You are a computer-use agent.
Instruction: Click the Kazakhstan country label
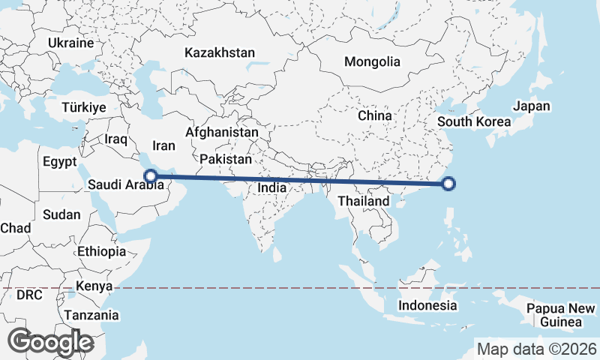click(220, 53)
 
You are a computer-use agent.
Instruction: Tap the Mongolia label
click(372, 62)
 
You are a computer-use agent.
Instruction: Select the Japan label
click(532, 106)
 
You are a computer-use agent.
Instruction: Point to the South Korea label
click(474, 121)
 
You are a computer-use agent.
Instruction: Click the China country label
click(374, 116)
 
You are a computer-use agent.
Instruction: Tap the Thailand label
click(363, 201)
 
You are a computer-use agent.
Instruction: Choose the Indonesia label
click(427, 305)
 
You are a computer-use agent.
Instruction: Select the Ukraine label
click(70, 43)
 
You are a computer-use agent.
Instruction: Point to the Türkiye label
click(84, 107)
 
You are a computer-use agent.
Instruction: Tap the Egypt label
click(60, 161)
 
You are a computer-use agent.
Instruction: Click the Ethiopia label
click(101, 251)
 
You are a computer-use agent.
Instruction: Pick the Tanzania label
click(91, 316)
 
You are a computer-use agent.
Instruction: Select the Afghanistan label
click(222, 132)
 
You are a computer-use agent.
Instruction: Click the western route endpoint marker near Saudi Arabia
click(151, 177)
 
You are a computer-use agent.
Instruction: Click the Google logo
click(50, 342)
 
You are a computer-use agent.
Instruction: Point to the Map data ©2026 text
click(537, 349)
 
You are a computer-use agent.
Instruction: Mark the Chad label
click(16, 227)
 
